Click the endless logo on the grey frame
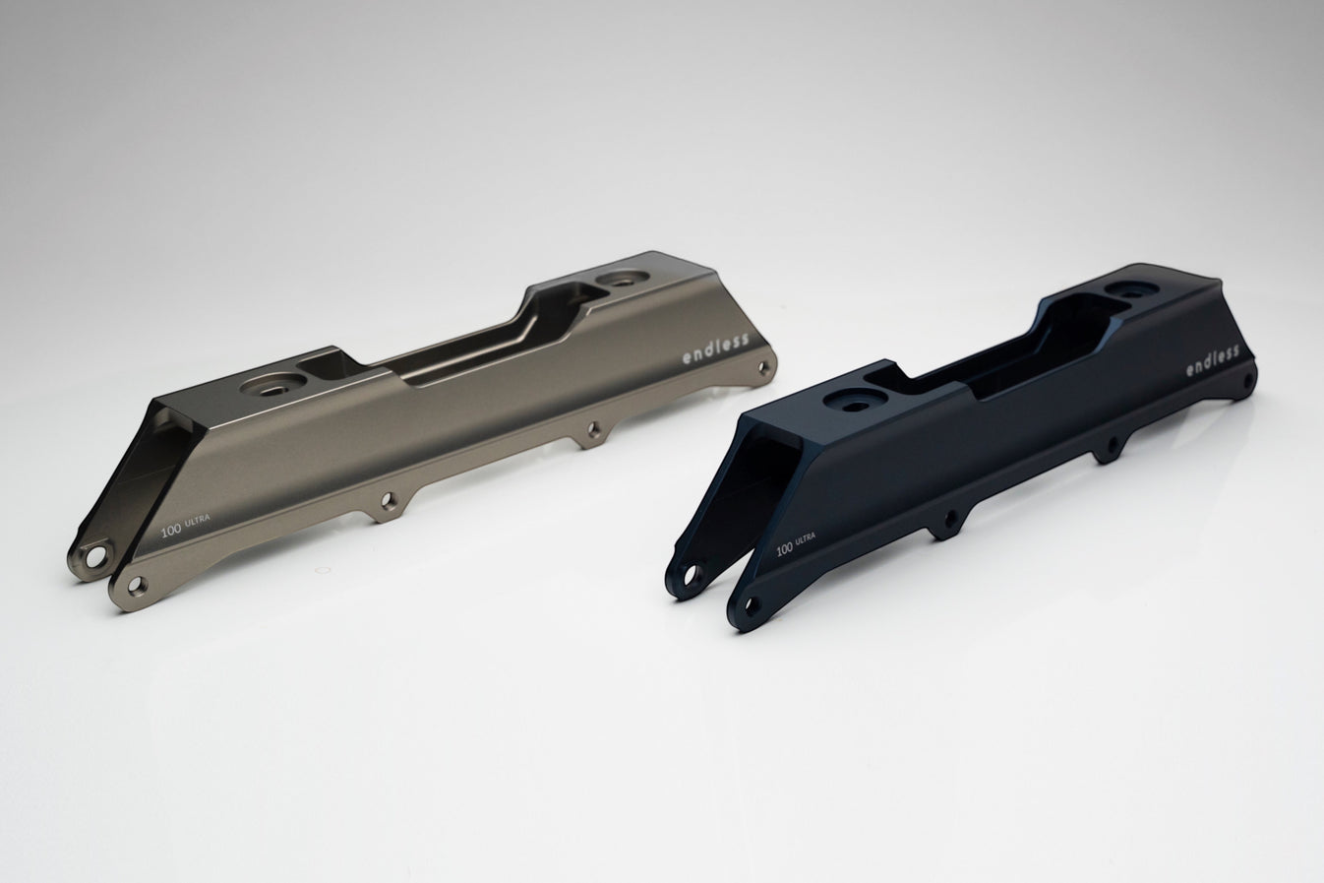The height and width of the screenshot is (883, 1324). pos(716,348)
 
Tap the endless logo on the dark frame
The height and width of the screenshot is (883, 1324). pos(1212,360)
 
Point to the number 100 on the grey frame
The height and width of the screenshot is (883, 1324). pos(171,530)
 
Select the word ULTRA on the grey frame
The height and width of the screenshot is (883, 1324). pos(198,520)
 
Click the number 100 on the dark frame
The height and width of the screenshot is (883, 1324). pos(784,549)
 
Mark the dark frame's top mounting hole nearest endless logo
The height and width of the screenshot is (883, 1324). pos(1132,289)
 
